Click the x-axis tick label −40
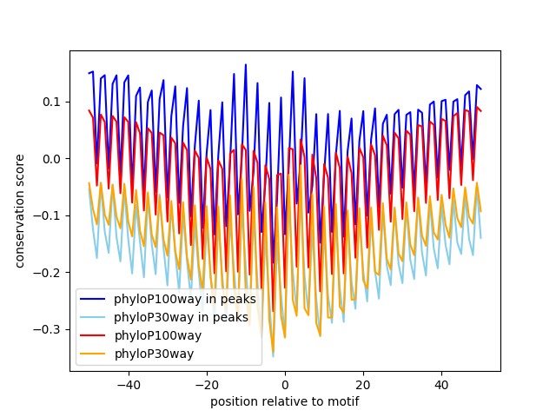[128, 384]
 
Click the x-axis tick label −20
[206, 384]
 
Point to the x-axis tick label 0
[285, 384]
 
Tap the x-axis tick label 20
[363, 384]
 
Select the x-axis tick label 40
[441, 384]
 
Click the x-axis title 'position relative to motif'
[284, 401]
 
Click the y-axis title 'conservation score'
[19, 211]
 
